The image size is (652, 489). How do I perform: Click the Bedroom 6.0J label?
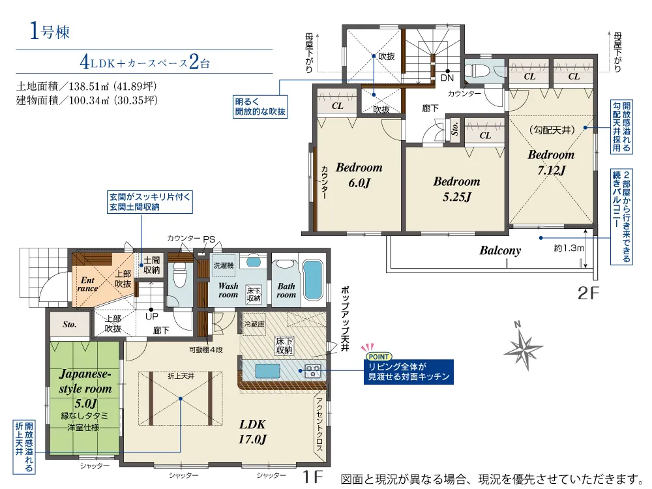coord(359,175)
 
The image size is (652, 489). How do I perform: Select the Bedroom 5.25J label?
coord(456,189)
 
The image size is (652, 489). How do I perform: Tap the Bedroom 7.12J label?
coord(551,162)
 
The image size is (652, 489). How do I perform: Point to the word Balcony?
coord(500,250)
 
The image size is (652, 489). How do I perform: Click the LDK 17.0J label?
coord(252,431)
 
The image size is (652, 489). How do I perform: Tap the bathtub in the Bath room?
coord(313,280)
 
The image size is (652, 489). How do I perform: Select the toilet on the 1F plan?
coord(180,275)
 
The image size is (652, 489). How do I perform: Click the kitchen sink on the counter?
coord(267,370)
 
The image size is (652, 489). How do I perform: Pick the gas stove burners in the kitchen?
coord(313,370)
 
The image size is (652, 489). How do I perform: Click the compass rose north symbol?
coord(524,346)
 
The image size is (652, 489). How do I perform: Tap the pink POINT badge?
coord(378,357)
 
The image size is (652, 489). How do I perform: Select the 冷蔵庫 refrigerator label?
coord(254,323)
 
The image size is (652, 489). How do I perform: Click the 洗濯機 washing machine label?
coord(224,265)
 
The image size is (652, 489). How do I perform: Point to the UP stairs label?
coord(152,316)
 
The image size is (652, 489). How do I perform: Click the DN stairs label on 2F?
coord(447,78)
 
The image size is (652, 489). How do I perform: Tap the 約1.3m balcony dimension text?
coord(569,248)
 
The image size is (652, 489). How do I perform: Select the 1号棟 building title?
coord(50,31)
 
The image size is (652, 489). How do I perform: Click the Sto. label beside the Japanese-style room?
coord(70,324)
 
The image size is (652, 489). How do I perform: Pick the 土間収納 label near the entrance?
coord(152,265)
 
